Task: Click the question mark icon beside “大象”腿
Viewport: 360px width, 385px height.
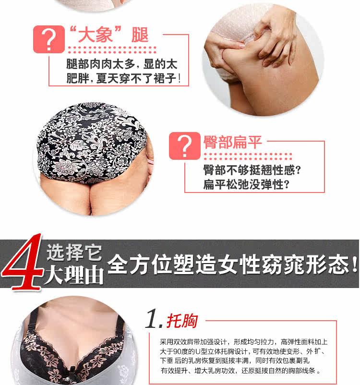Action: pyautogui.click(x=48, y=40)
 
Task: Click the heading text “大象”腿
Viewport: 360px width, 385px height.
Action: pyautogui.click(x=108, y=35)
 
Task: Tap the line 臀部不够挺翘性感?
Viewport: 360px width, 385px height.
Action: pyautogui.click(x=252, y=170)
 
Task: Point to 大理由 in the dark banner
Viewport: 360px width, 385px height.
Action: pyautogui.click(x=74, y=276)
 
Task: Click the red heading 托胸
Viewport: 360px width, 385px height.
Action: pyautogui.click(x=182, y=321)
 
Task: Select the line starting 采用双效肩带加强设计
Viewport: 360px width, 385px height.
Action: pyautogui.click(x=243, y=342)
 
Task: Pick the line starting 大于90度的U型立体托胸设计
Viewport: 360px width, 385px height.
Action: pyautogui.click(x=243, y=351)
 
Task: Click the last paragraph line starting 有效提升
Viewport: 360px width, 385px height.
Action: pyautogui.click(x=240, y=371)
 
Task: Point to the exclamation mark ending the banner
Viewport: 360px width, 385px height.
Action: pyautogui.click(x=354, y=265)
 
